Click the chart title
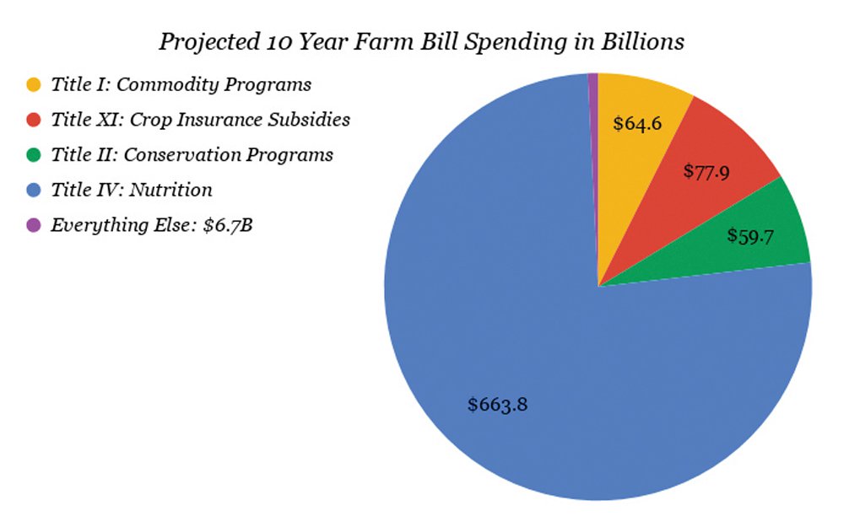point(421,42)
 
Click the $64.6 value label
point(637,124)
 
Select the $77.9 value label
point(706,171)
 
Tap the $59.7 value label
point(750,235)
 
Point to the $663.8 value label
point(498,405)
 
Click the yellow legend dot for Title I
point(34,84)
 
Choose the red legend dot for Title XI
point(34,120)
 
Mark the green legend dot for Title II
point(34,155)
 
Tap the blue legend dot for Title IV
point(34,190)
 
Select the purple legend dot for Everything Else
point(34,225)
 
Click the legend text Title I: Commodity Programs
point(181,85)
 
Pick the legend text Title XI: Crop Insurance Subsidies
point(200,120)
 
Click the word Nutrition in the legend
point(170,190)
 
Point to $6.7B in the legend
point(228,225)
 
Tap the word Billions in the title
point(642,41)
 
